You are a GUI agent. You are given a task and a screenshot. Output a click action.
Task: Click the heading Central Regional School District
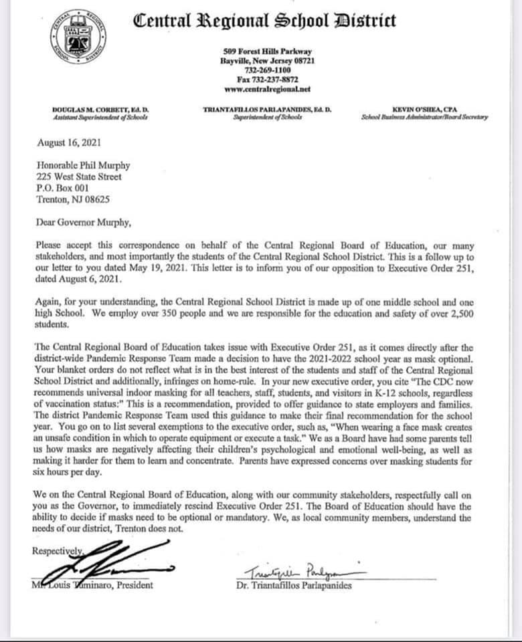(x=265, y=21)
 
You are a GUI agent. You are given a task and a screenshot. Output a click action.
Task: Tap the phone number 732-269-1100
(x=267, y=70)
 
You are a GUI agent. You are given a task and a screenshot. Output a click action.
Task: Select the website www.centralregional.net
(x=267, y=88)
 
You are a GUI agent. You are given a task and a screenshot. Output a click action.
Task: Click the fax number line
(x=267, y=79)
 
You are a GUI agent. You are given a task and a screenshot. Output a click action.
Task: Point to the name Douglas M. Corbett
(x=100, y=109)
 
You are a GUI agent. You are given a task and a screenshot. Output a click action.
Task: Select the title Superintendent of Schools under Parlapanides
(x=267, y=117)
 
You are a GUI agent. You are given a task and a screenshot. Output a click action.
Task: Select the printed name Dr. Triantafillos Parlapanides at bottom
(x=293, y=586)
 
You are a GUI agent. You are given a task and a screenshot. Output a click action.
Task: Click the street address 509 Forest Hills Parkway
(x=267, y=51)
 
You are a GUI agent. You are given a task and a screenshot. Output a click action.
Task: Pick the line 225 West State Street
(x=79, y=177)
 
